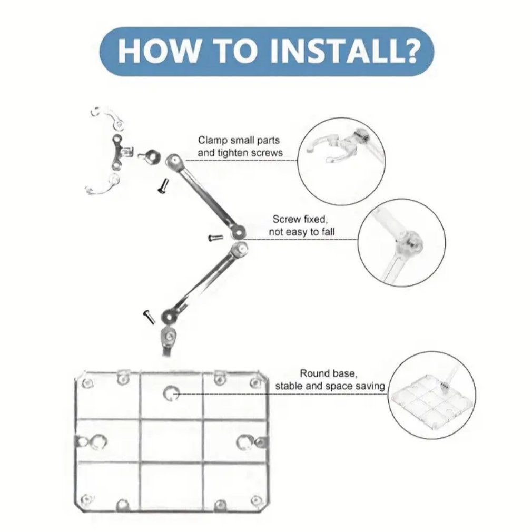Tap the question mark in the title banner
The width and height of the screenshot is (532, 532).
pyautogui.click(x=411, y=51)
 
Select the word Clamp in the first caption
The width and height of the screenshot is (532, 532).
pyautogui.click(x=212, y=141)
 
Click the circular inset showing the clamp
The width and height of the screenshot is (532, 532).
pyautogui.click(x=342, y=161)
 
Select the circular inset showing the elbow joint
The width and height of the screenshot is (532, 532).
pyautogui.click(x=402, y=243)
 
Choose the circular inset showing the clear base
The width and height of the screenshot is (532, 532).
pyautogui.click(x=431, y=395)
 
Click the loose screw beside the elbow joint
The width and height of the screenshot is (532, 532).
pyautogui.click(x=215, y=238)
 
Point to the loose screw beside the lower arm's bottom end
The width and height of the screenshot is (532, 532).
pyautogui.click(x=149, y=317)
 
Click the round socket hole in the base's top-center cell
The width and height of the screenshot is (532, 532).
pyautogui.click(x=171, y=393)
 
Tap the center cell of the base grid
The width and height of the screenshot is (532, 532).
pyautogui.click(x=171, y=441)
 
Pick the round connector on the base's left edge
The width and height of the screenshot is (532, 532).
pyautogui.click(x=96, y=442)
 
